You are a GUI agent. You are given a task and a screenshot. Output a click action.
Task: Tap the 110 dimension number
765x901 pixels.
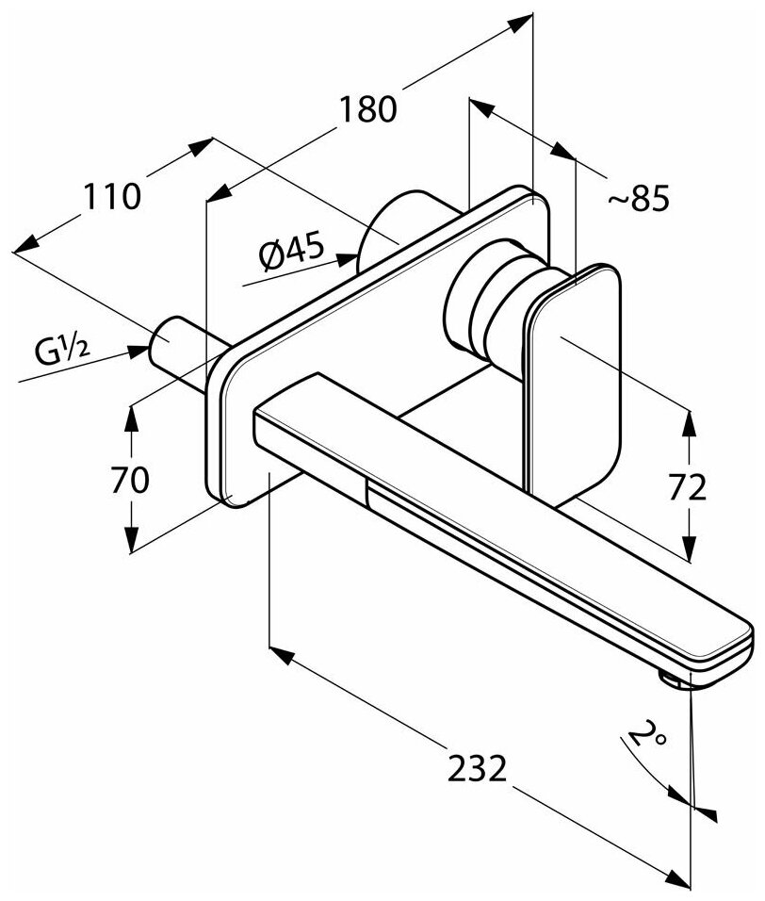point(112,196)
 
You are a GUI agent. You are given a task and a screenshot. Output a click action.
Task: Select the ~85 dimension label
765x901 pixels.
point(638,198)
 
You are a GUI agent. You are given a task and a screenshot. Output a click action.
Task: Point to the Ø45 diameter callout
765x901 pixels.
point(289,252)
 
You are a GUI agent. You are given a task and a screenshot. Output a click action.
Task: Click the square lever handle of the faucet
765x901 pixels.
point(575,377)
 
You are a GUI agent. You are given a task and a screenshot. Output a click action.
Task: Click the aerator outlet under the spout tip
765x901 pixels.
point(677,680)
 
